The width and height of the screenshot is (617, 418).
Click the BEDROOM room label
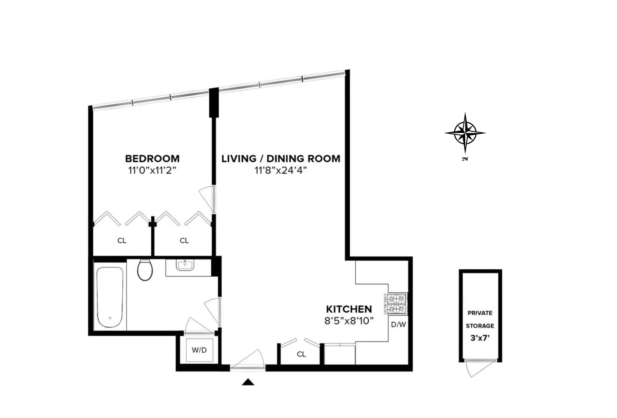[152, 159]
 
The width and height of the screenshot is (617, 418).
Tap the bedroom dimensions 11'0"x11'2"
[152, 170]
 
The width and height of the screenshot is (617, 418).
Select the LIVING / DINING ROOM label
[281, 159]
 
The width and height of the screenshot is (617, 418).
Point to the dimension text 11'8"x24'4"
[281, 170]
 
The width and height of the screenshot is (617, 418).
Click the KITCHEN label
[349, 309]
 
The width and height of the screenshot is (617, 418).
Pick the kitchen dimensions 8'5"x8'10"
[349, 321]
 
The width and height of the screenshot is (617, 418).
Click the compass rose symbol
[465, 133]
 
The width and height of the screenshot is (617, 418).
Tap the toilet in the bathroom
[145, 270]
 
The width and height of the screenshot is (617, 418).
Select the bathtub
[109, 297]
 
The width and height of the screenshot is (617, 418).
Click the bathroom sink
[185, 265]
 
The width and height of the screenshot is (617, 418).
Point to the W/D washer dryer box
[199, 350]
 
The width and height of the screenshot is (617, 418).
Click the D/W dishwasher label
[398, 325]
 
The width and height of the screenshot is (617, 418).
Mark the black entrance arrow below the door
[248, 382]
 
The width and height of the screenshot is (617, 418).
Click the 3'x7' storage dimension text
[480, 338]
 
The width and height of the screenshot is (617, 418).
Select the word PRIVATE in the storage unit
[480, 313]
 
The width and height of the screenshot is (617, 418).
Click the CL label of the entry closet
[301, 354]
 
